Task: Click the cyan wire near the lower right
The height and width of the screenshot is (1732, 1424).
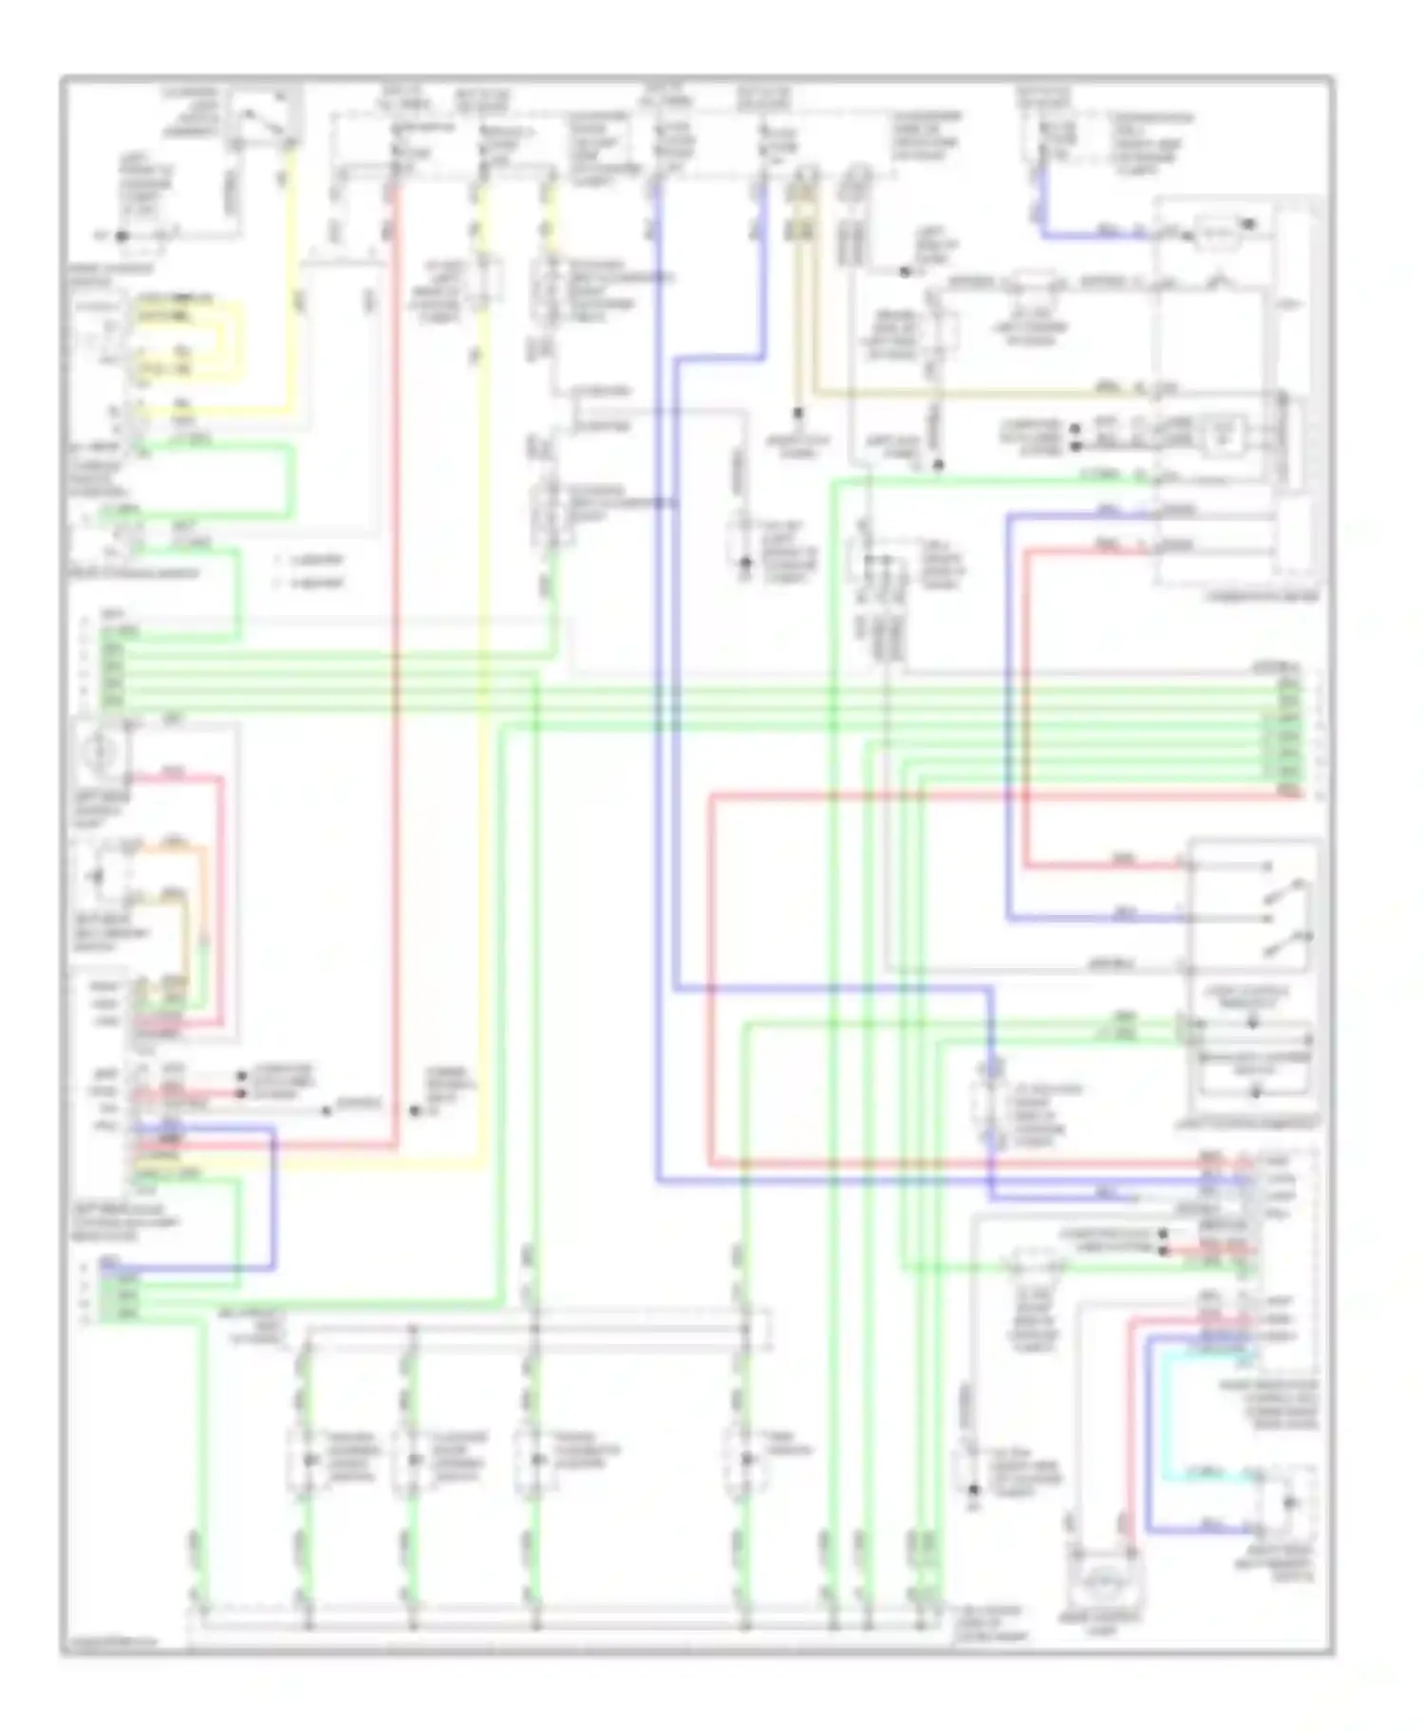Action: (x=1170, y=1424)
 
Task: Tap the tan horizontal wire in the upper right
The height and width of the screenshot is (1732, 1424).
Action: (x=949, y=391)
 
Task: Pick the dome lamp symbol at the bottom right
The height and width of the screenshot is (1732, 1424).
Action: (x=1105, y=1583)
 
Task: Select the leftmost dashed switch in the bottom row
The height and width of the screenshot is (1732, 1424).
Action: (x=307, y=1459)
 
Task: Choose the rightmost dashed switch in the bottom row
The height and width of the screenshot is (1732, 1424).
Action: (x=746, y=1459)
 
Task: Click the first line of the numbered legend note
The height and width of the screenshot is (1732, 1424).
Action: (x=309, y=560)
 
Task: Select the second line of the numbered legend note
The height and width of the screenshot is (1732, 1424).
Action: (x=309, y=583)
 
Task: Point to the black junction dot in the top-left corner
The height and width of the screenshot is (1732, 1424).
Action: (x=122, y=236)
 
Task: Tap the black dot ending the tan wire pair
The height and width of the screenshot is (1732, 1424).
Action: (x=797, y=414)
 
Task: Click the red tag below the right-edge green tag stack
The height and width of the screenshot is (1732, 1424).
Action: (x=1289, y=790)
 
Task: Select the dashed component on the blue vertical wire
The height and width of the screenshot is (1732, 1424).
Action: (x=994, y=1106)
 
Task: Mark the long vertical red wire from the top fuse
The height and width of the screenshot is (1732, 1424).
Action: (x=395, y=664)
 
